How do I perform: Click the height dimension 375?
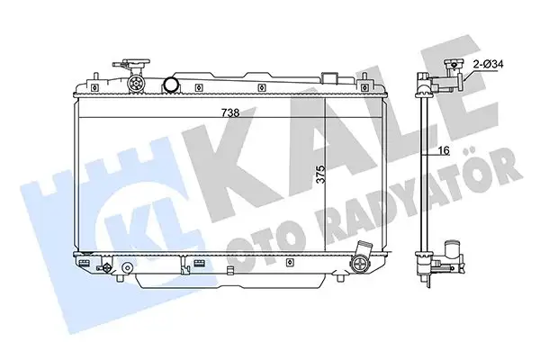(x=321, y=177)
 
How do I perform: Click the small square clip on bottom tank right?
(x=291, y=264)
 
